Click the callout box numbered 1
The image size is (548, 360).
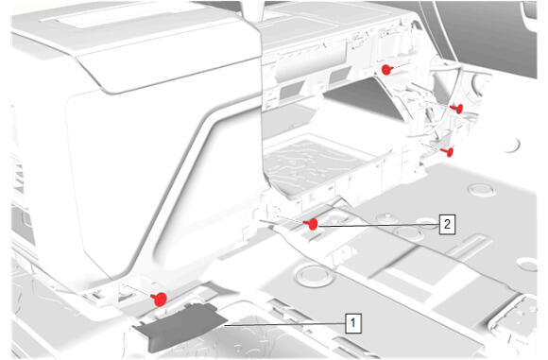click(x=353, y=323)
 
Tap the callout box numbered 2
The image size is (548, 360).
click(x=447, y=224)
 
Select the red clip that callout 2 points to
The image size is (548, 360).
click(x=312, y=224)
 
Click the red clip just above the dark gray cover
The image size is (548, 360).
click(x=159, y=299)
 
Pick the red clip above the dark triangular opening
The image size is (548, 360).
click(x=386, y=69)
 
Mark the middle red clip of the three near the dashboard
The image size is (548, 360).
click(x=457, y=109)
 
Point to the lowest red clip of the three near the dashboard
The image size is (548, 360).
click(x=448, y=151)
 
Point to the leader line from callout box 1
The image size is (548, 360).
click(x=284, y=325)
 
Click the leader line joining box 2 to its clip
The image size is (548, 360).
click(x=379, y=225)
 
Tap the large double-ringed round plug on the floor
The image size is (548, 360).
click(x=315, y=276)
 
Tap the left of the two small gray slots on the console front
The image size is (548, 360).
click(x=292, y=91)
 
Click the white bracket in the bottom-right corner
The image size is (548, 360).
click(x=514, y=318)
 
